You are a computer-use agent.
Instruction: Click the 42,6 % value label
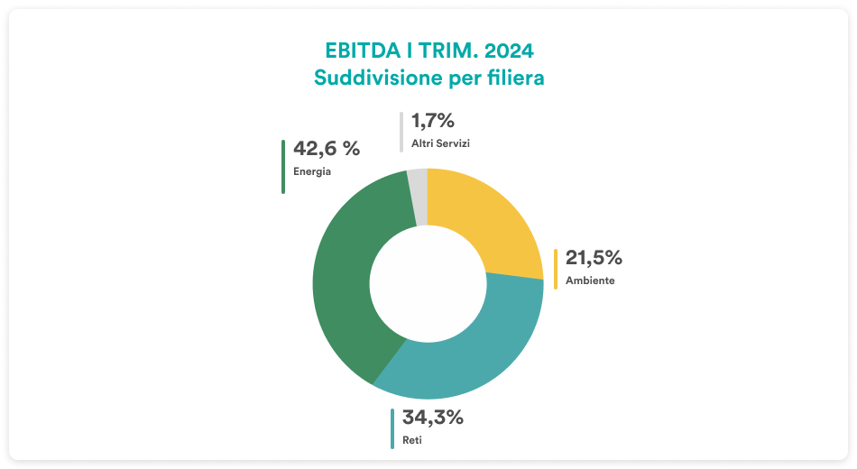(x=327, y=149)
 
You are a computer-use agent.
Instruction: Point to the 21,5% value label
(x=594, y=258)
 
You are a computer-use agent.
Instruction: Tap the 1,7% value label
(x=432, y=121)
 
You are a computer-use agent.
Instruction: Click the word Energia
(x=312, y=171)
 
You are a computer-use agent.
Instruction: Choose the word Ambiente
(x=590, y=280)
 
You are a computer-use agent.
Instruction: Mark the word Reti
(x=410, y=440)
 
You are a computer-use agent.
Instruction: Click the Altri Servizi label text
(x=441, y=143)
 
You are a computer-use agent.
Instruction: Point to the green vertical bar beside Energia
(x=283, y=167)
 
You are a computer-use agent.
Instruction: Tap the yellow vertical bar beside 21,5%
(x=556, y=269)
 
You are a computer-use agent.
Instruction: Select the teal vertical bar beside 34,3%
(x=392, y=428)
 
